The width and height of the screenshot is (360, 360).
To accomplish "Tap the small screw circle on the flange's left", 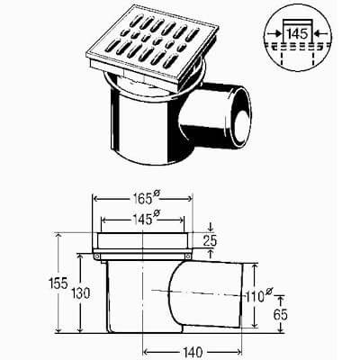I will [x=98, y=257].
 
